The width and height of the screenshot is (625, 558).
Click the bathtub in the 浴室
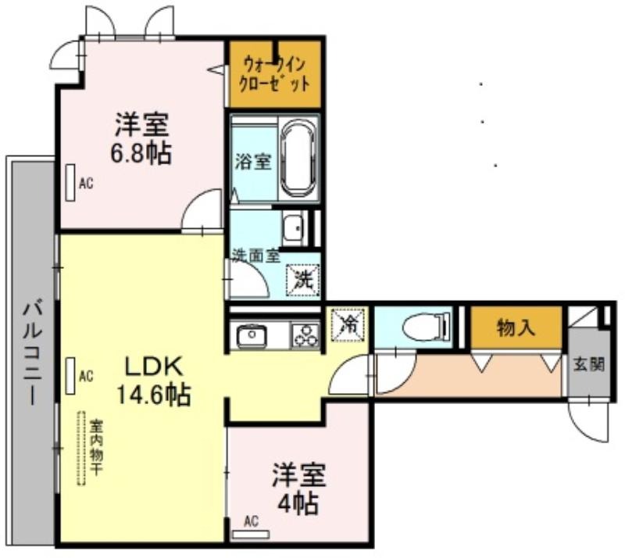click(300, 159)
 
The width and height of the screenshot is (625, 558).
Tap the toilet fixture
click(427, 328)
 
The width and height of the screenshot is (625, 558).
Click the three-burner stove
click(306, 335)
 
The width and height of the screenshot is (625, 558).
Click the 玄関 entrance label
click(589, 364)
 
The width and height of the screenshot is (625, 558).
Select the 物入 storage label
click(515, 328)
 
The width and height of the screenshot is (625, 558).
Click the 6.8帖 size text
click(141, 153)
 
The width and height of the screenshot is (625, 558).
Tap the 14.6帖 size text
click(153, 394)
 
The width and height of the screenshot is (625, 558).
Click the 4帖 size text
click(298, 504)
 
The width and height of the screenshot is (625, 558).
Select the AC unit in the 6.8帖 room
click(70, 183)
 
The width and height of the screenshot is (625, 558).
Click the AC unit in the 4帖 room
click(251, 535)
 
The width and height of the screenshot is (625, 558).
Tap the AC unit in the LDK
click(70, 376)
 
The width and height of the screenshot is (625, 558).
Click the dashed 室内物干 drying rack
click(82, 449)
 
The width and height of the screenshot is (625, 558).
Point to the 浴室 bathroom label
click(253, 162)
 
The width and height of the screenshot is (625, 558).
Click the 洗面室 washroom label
click(256, 256)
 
